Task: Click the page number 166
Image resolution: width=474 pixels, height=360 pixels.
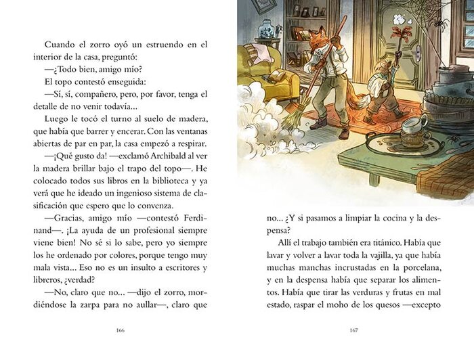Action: (121, 331)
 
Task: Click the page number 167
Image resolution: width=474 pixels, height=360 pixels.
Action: (353, 331)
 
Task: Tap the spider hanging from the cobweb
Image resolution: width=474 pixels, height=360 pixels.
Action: (441, 23)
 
